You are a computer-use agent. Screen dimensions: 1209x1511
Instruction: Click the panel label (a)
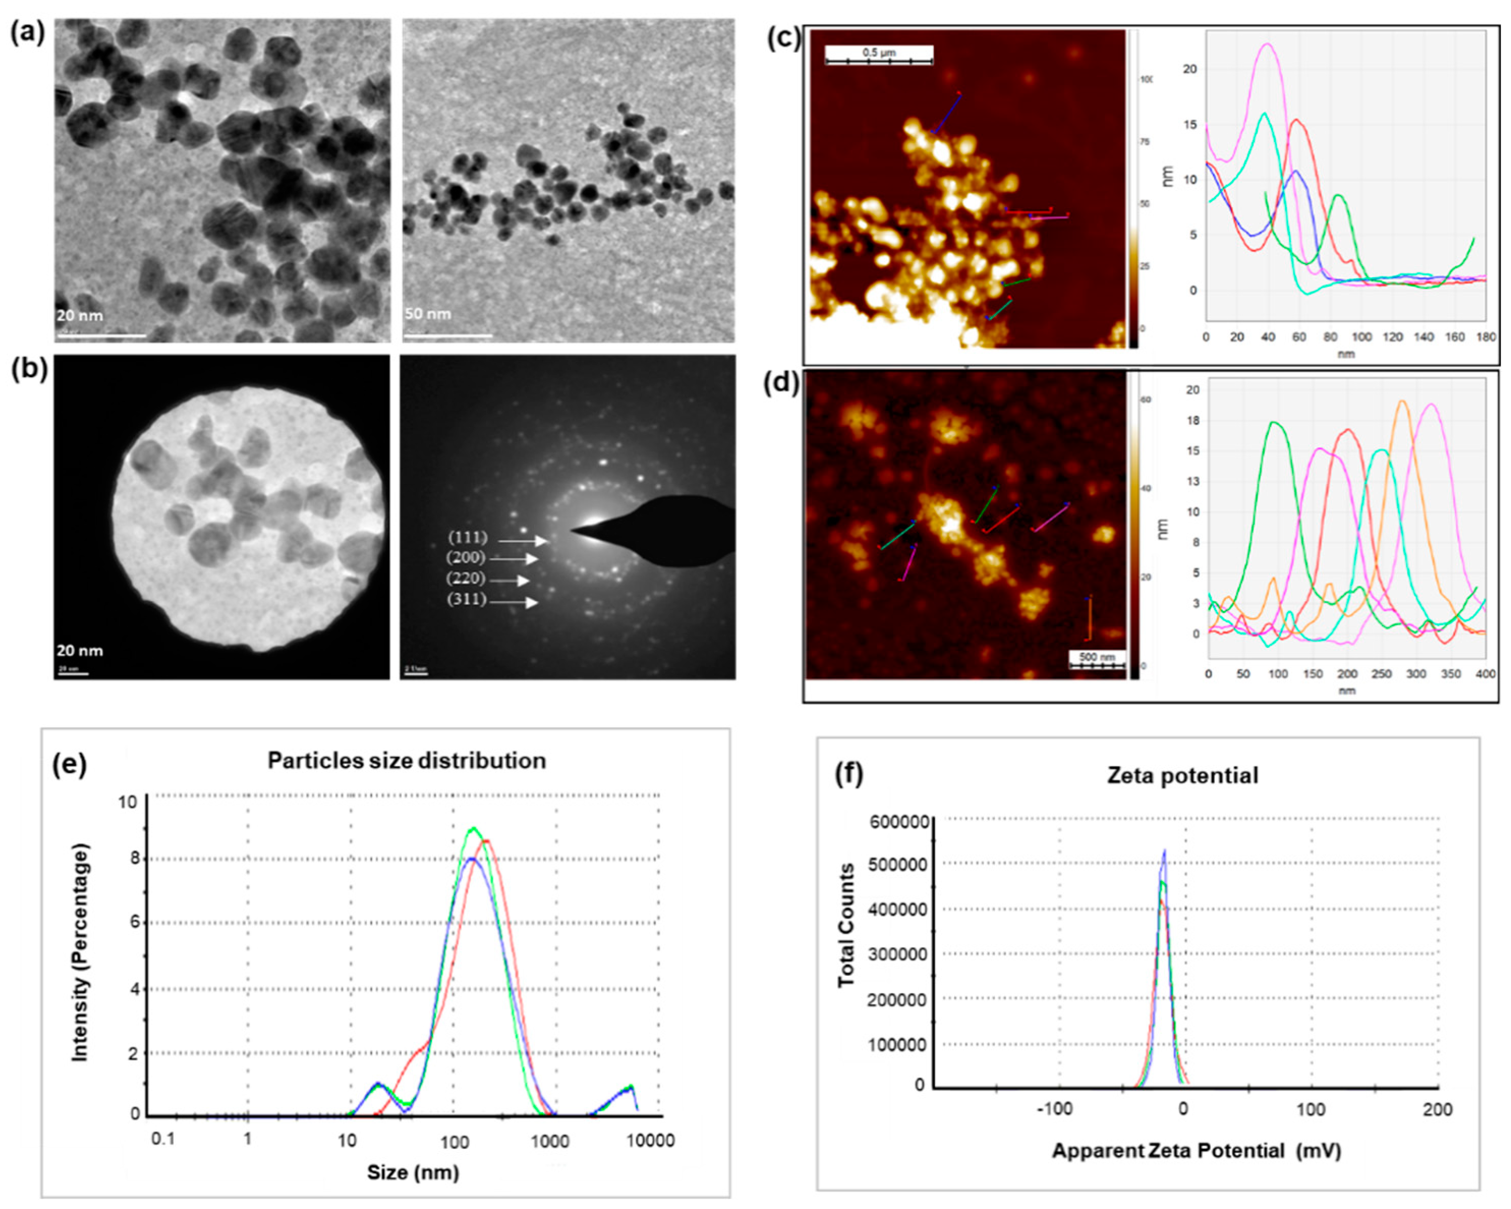tap(27, 33)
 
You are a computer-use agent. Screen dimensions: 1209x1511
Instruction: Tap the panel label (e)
tap(70, 765)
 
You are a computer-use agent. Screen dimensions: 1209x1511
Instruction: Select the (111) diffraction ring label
tap(467, 538)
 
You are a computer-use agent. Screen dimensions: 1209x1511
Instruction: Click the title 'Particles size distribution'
tap(407, 761)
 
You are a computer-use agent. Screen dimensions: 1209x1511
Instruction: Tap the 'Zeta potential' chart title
tap(1182, 775)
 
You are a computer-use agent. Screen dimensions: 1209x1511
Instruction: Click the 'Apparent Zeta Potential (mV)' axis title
tap(1196, 1151)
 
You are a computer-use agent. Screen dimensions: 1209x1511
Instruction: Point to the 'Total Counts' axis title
tap(847, 925)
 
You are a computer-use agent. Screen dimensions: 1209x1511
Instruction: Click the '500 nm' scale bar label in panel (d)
tap(1097, 657)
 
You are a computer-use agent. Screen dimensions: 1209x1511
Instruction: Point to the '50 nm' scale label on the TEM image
tap(427, 313)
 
